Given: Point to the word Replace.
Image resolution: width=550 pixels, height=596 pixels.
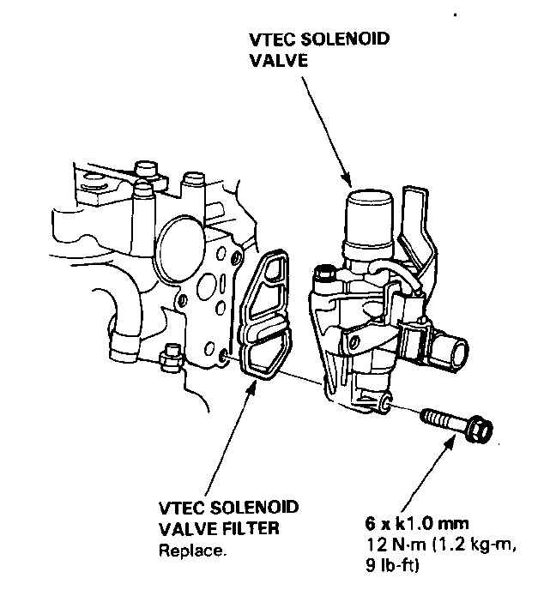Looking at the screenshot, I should click(193, 550).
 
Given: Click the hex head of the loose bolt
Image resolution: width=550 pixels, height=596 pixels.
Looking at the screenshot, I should click(479, 429).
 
